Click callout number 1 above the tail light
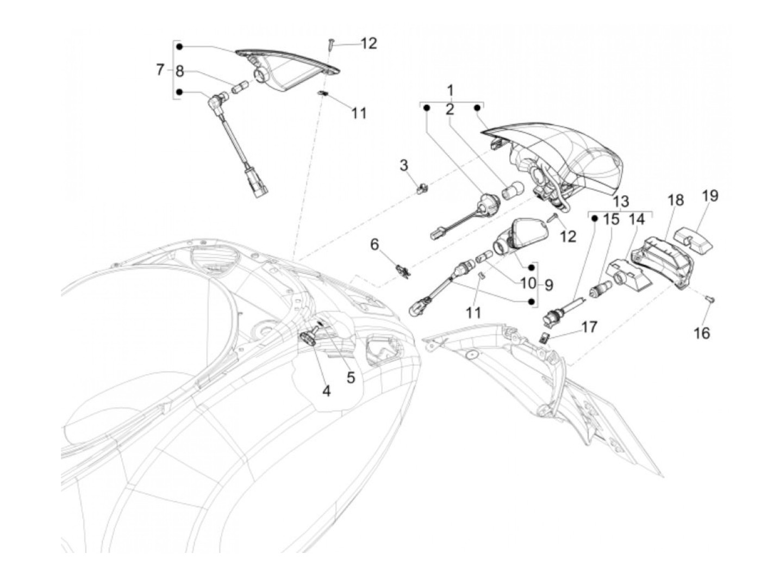pyautogui.click(x=450, y=89)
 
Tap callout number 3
pyautogui.click(x=404, y=165)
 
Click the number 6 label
pyautogui.click(x=375, y=245)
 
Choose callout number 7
pyautogui.click(x=160, y=70)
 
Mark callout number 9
pyautogui.click(x=549, y=284)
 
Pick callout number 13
pyautogui.click(x=621, y=201)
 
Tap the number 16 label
pyautogui.click(x=702, y=332)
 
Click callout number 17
pyautogui.click(x=589, y=327)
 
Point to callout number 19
pyautogui.click(x=710, y=196)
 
